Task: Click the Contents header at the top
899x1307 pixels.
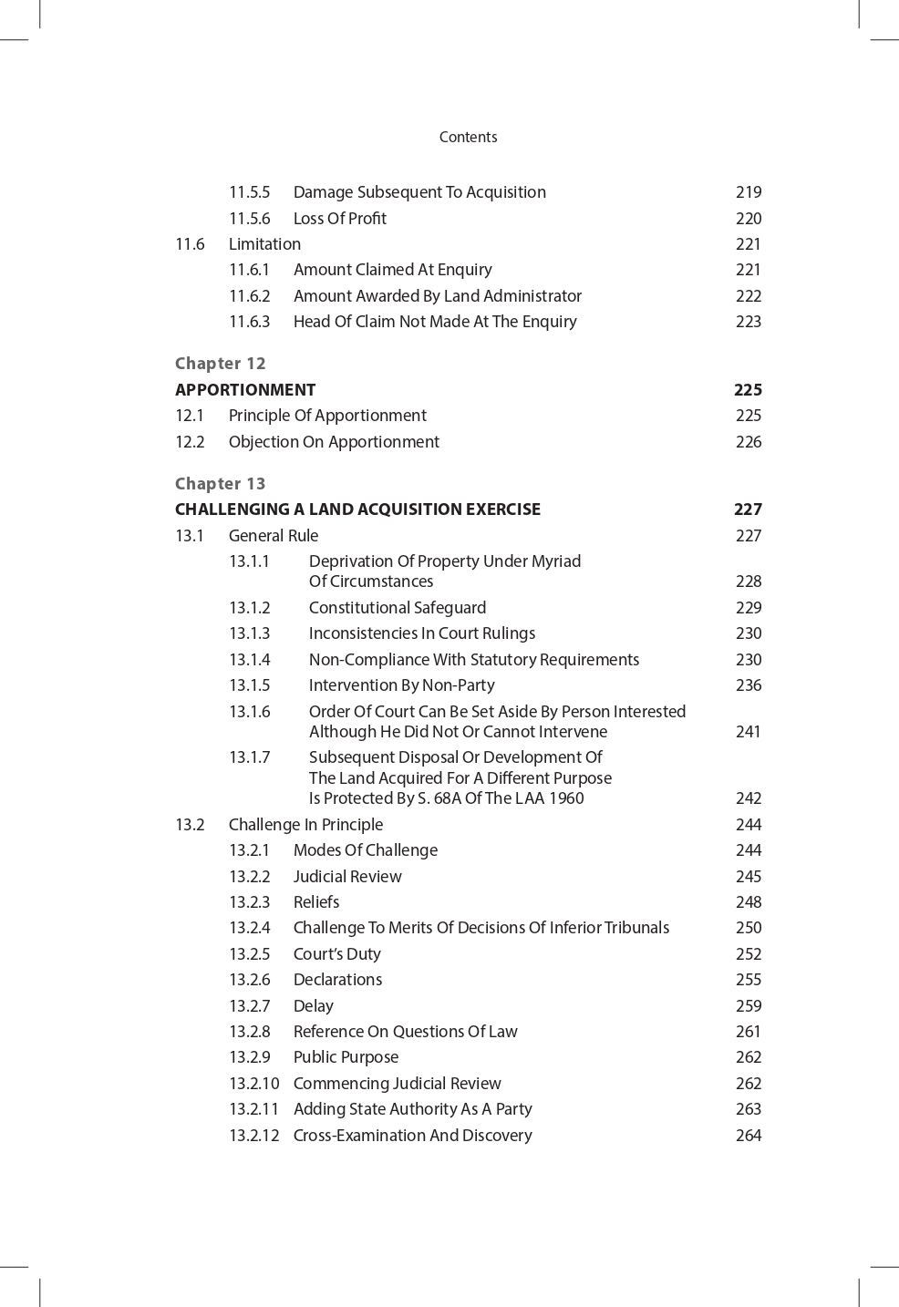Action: [x=468, y=137]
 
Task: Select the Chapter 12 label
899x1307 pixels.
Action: [x=220, y=364]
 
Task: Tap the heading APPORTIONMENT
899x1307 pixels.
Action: [x=245, y=390]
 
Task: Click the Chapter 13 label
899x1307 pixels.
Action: [x=220, y=484]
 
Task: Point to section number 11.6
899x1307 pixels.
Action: [x=190, y=244]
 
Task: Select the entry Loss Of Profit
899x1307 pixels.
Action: [x=339, y=219]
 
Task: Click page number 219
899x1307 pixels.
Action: [x=749, y=192]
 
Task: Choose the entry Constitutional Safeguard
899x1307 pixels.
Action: [x=397, y=608]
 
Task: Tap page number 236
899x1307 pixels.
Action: [x=749, y=685]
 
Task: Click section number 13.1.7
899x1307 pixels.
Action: [x=249, y=757]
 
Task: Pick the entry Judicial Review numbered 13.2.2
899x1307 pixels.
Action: [x=346, y=877]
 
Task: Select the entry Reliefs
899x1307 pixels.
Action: [x=315, y=902]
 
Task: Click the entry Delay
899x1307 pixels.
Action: [x=313, y=1006]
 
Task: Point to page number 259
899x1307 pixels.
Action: [x=749, y=1006]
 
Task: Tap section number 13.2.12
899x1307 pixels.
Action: [x=253, y=1136]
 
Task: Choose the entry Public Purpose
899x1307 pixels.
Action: [x=346, y=1057]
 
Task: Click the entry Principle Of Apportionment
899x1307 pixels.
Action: [x=327, y=416]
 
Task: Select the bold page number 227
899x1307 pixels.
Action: [x=748, y=509]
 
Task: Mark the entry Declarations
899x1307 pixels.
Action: [x=337, y=980]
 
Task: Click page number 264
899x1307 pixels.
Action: [x=749, y=1136]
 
